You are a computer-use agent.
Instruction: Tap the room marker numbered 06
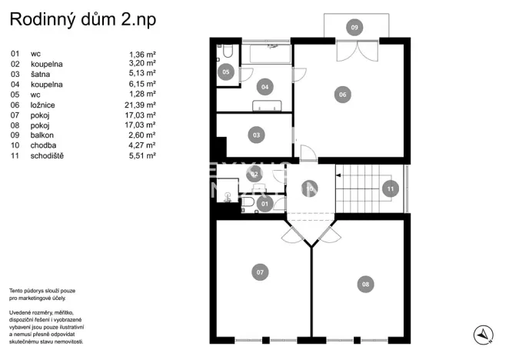pyautogui.click(x=342, y=95)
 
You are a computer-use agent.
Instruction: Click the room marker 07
pyautogui.click(x=260, y=272)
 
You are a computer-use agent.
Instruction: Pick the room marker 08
pyautogui.click(x=365, y=284)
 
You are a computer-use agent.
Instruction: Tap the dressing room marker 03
pyautogui.click(x=256, y=135)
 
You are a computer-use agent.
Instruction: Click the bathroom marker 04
pyautogui.click(x=264, y=87)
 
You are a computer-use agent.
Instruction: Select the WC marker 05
pyautogui.click(x=226, y=72)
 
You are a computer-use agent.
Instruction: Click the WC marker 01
pyautogui.click(x=264, y=204)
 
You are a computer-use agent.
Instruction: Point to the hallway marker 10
pyautogui.click(x=309, y=187)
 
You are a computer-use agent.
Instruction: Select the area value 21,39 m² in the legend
pyautogui.click(x=142, y=104)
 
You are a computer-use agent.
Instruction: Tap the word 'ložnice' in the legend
pyautogui.click(x=42, y=104)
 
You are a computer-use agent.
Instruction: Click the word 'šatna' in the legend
pyautogui.click(x=40, y=74)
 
